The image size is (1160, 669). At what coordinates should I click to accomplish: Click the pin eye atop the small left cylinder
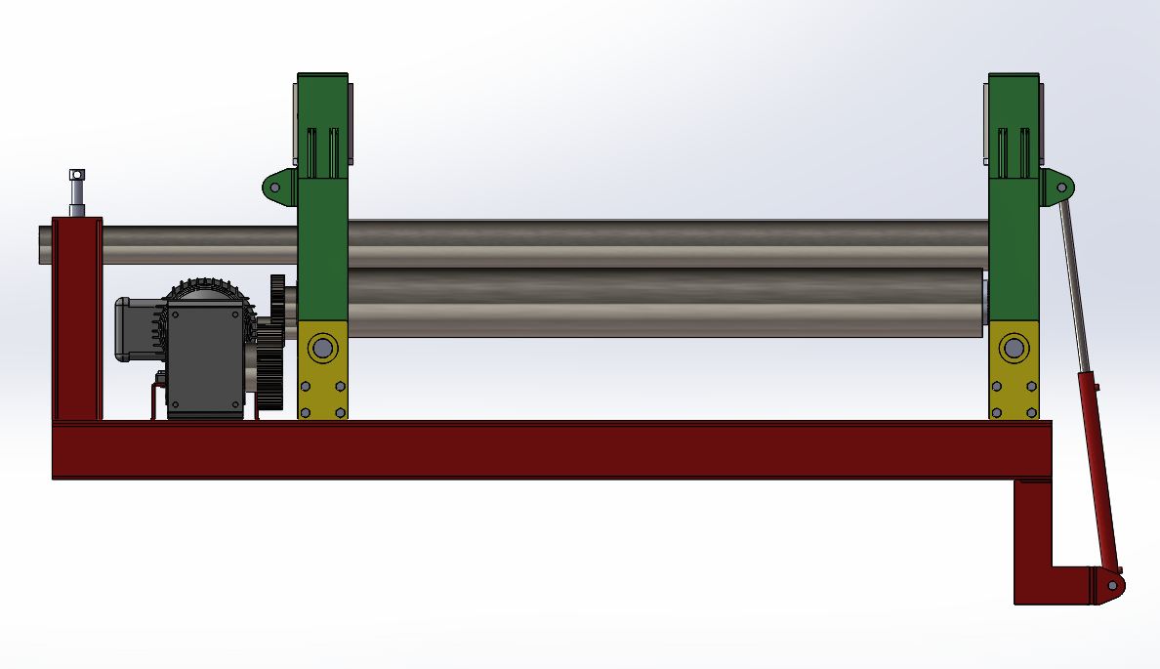77,175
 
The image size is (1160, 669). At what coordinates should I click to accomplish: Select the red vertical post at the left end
77,322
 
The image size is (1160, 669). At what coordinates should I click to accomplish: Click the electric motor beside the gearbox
137,328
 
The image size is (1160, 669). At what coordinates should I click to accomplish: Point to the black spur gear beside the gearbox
276,342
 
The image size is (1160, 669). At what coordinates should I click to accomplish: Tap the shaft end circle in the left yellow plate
323,348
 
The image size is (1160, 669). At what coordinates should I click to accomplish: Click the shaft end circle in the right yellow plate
1014,347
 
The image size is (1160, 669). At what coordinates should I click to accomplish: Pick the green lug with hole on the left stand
277,187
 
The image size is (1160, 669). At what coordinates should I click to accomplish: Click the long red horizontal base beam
547,450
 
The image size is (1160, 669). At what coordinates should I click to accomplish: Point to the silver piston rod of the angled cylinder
1072,283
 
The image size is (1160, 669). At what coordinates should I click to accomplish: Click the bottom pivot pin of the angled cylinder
1112,585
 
